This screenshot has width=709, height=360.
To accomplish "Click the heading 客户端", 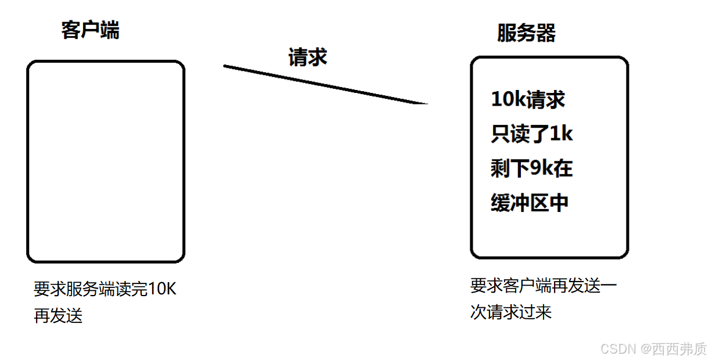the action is pyautogui.click(x=90, y=30).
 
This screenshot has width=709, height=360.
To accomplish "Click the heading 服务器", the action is pyautogui.click(x=526, y=33).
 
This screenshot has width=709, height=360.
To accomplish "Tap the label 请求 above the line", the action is pyautogui.click(x=308, y=57).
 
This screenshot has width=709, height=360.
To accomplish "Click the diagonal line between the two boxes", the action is pyautogui.click(x=325, y=85).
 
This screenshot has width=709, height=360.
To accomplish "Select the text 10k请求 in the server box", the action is pyautogui.click(x=528, y=99).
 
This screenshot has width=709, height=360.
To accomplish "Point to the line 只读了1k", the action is pyautogui.click(x=532, y=134).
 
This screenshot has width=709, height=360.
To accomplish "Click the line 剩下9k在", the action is pyautogui.click(x=532, y=169).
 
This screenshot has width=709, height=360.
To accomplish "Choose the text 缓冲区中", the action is pyautogui.click(x=530, y=204).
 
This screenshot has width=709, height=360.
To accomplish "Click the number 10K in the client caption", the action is pyautogui.click(x=162, y=289).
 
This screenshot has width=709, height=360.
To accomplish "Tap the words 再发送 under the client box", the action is pyautogui.click(x=58, y=316).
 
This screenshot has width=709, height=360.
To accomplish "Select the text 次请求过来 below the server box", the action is pyautogui.click(x=510, y=313).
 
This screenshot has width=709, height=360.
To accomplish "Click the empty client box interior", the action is pyautogui.click(x=106, y=161).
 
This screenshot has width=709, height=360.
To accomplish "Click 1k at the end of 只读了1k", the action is pyautogui.click(x=561, y=134).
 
